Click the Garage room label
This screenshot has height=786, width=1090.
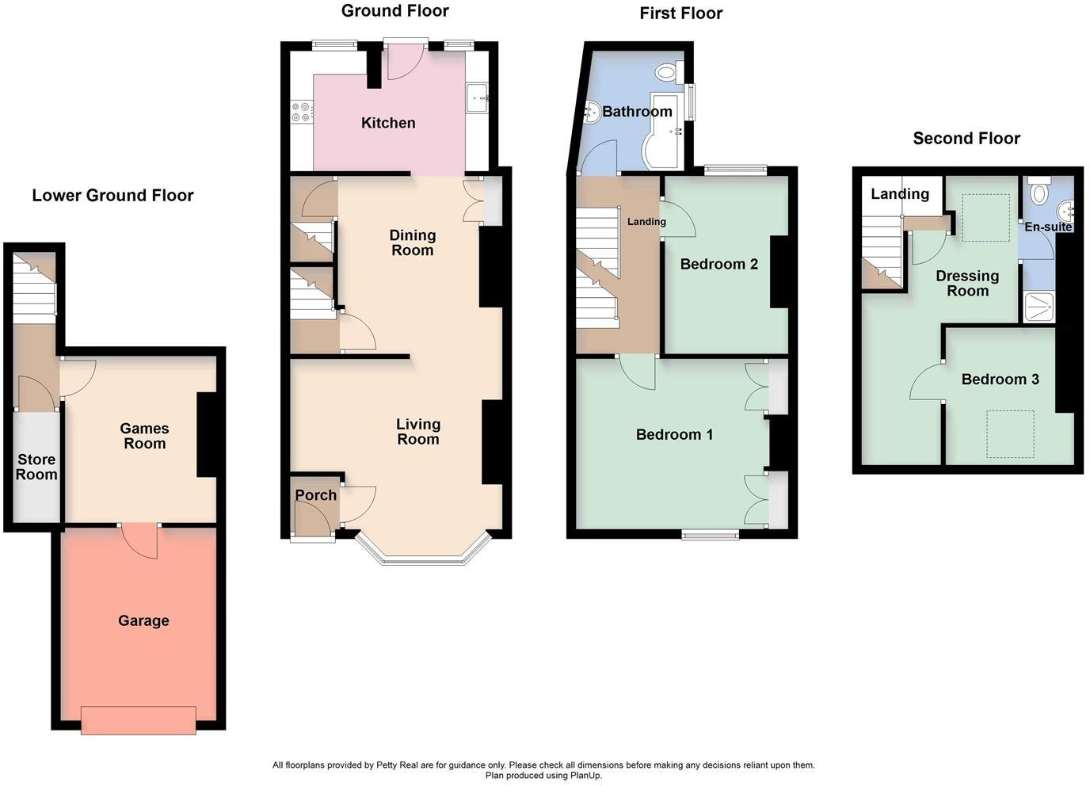(x=143, y=620)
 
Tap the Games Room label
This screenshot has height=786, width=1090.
(x=144, y=436)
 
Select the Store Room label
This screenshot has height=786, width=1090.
(x=36, y=467)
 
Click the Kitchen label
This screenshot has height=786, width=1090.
(x=388, y=123)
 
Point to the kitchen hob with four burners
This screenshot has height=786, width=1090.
(x=302, y=111)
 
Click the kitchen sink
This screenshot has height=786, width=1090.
(x=478, y=99)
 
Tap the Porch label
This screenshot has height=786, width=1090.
(x=315, y=495)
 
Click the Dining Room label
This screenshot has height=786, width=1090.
(x=412, y=242)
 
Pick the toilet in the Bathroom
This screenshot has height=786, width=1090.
(x=666, y=73)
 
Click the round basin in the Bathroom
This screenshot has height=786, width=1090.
(x=592, y=113)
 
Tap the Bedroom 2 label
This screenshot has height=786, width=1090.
(x=719, y=264)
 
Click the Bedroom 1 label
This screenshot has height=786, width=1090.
(x=674, y=434)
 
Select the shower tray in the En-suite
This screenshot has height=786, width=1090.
(x=1039, y=307)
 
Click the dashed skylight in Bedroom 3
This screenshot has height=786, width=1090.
(x=1010, y=433)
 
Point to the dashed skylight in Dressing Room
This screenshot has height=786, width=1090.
(x=985, y=216)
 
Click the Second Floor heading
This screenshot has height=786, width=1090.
(x=966, y=139)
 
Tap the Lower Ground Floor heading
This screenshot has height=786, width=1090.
(x=112, y=196)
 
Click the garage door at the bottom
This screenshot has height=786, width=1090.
(x=138, y=720)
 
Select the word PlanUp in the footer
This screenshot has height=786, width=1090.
(x=585, y=776)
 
